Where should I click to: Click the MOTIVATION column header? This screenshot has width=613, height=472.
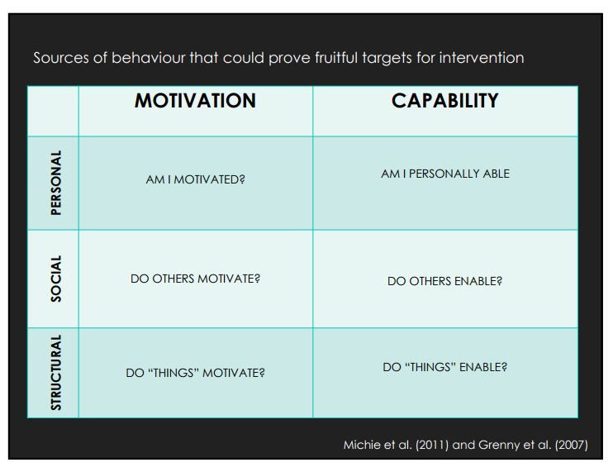coord(195,101)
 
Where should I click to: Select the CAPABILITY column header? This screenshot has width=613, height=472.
coord(445,101)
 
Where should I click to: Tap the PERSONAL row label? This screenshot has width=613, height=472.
coord(56,183)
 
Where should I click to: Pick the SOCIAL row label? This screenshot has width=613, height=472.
coord(56,279)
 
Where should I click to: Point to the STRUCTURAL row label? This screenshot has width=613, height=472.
coord(56,372)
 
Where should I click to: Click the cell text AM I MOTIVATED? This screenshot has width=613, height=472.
coord(196,179)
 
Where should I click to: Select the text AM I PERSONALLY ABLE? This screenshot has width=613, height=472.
coord(445,174)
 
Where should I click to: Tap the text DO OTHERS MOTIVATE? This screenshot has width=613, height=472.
coord(196,279)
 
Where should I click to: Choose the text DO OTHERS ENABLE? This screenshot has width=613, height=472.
coord(445,281)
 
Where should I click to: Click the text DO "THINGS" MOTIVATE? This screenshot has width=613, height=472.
coord(196,373)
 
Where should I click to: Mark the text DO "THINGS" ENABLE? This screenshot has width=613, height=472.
coord(445,367)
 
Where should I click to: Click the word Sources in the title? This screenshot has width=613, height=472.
coord(61,58)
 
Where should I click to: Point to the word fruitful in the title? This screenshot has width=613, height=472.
coord(336,58)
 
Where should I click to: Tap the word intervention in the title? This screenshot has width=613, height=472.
coord(482,58)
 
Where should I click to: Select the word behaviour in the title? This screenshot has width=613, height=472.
coord(149,58)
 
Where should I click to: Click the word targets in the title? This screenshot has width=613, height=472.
coord(387,58)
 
